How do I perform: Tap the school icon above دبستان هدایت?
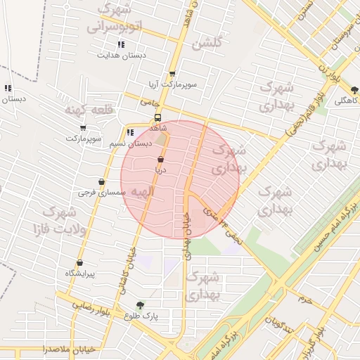pyautogui.click(x=122, y=44)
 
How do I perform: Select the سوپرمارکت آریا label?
pyautogui.click(x=172, y=84)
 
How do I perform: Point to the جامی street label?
pyautogui.click(x=147, y=103)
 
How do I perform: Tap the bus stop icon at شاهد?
pyautogui.click(x=158, y=118)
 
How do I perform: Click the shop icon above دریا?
pyautogui.click(x=161, y=160)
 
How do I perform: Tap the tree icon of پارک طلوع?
pyautogui.click(x=141, y=306)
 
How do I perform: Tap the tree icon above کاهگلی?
pyautogui.click(x=354, y=90)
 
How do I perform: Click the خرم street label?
pyautogui.click(x=304, y=300)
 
